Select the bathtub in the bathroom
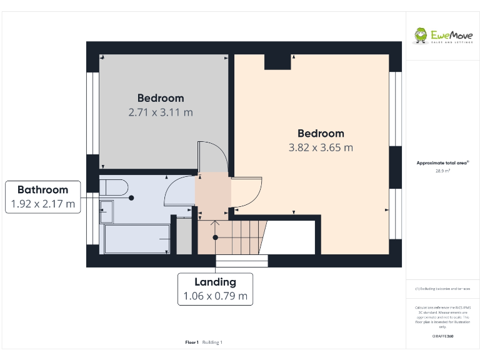coord(137,239)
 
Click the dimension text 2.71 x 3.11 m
coord(161,112)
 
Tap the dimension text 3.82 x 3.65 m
coord(321,147)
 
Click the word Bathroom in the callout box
coord(42,189)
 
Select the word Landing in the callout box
coord(215,282)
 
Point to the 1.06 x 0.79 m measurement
coord(215,296)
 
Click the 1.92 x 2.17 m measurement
coord(42,204)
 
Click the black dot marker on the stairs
coord(216,237)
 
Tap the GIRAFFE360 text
coord(442,336)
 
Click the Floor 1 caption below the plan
coord(192,342)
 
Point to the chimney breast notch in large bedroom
coord(277,62)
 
